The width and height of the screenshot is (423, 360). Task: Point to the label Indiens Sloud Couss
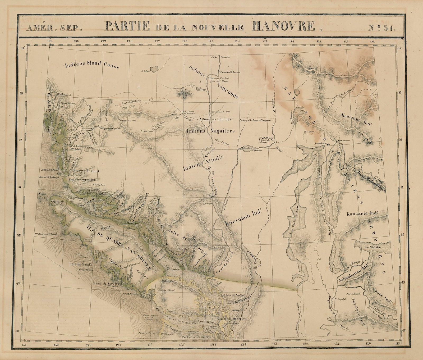coord(88,65)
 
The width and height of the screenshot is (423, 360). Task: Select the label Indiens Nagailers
coord(210,131)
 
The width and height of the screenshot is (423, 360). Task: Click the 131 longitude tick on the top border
coord(49,41)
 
